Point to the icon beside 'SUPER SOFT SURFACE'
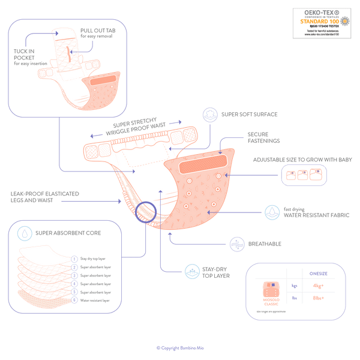point(209,114)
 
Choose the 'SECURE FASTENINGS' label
point(262,138)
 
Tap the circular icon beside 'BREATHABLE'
point(236,244)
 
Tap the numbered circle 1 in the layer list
point(74,259)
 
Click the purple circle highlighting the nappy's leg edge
point(146,212)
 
